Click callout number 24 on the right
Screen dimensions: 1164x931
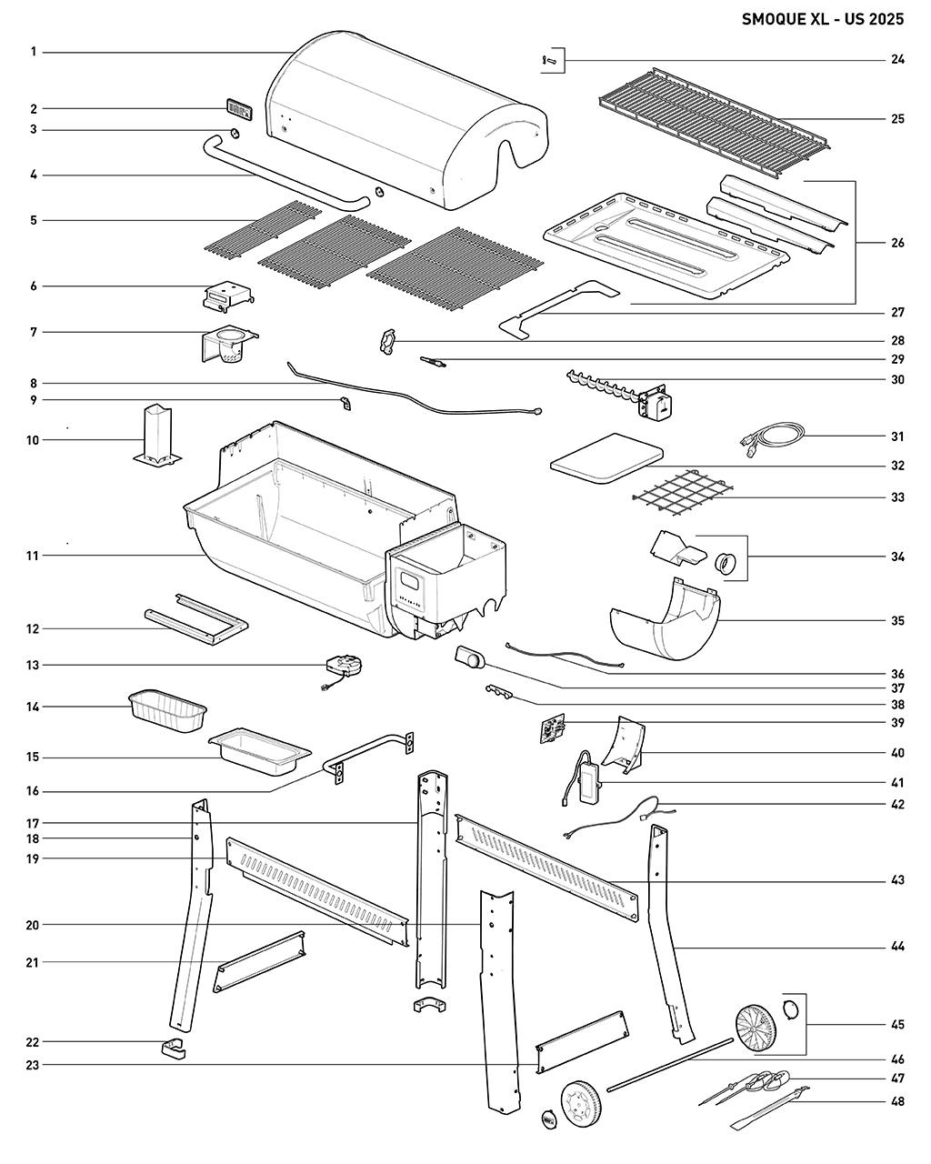(x=897, y=60)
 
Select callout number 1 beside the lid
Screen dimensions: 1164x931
(x=33, y=52)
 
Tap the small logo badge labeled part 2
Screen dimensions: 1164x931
(x=238, y=109)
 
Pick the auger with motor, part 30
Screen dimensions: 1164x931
(x=618, y=396)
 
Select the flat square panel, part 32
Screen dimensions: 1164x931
(x=606, y=457)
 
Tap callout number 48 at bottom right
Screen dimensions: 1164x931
(x=897, y=1103)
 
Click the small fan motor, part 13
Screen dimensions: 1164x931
(x=343, y=667)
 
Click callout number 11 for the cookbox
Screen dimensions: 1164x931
(x=33, y=555)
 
